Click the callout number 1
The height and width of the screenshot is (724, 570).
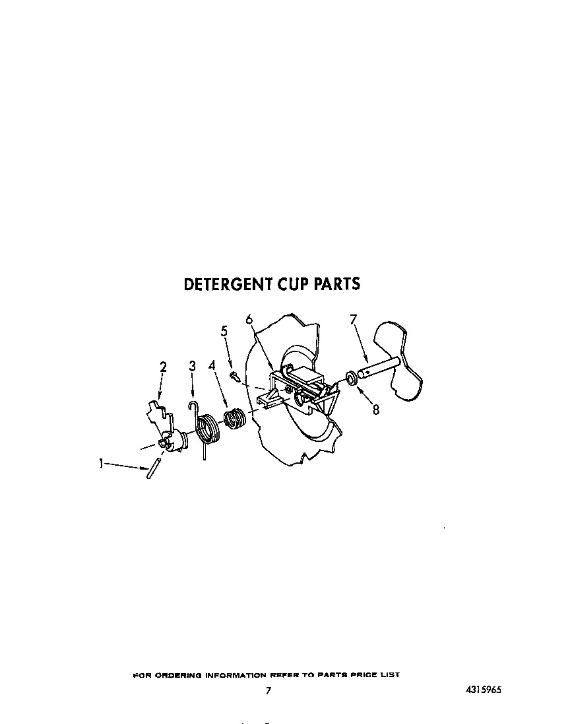pos(100,463)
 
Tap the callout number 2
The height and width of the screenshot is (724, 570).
pos(163,367)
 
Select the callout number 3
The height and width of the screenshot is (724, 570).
pos(192,366)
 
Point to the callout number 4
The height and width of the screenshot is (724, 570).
pos(212,366)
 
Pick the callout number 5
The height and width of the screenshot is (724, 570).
pos(224,331)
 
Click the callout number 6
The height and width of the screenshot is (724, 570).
pos(249,319)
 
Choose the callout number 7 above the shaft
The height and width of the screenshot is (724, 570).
pos(353,319)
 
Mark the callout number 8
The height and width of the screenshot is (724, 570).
pos(376,409)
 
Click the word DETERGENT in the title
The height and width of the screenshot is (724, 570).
pos(228,284)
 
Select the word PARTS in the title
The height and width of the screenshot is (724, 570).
pos(336,283)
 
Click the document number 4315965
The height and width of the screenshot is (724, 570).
pos(483,690)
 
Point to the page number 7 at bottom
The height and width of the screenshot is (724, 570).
pos(269,690)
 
